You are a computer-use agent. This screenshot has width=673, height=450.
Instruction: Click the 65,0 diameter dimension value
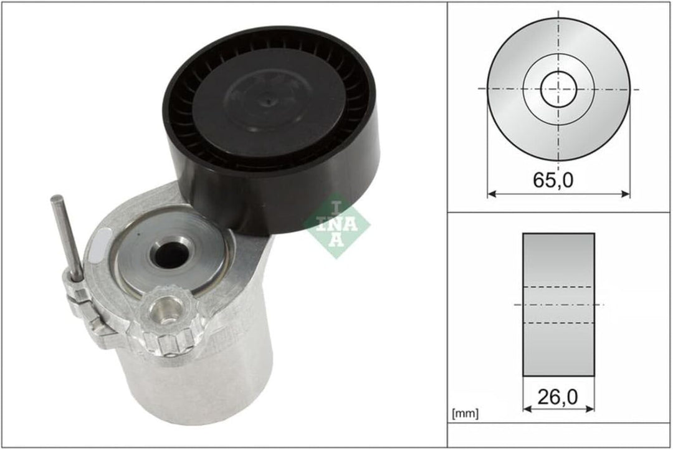pos(553,180)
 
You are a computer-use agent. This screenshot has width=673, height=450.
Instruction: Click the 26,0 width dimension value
pos(558,397)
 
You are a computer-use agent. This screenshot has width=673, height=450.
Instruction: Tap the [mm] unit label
pos(465,413)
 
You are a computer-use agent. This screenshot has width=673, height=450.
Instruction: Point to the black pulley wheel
pos(272,129)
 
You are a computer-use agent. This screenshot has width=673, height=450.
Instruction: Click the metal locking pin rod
pos(66,237)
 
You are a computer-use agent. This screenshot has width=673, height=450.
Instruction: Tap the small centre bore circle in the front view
pos(558,90)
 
